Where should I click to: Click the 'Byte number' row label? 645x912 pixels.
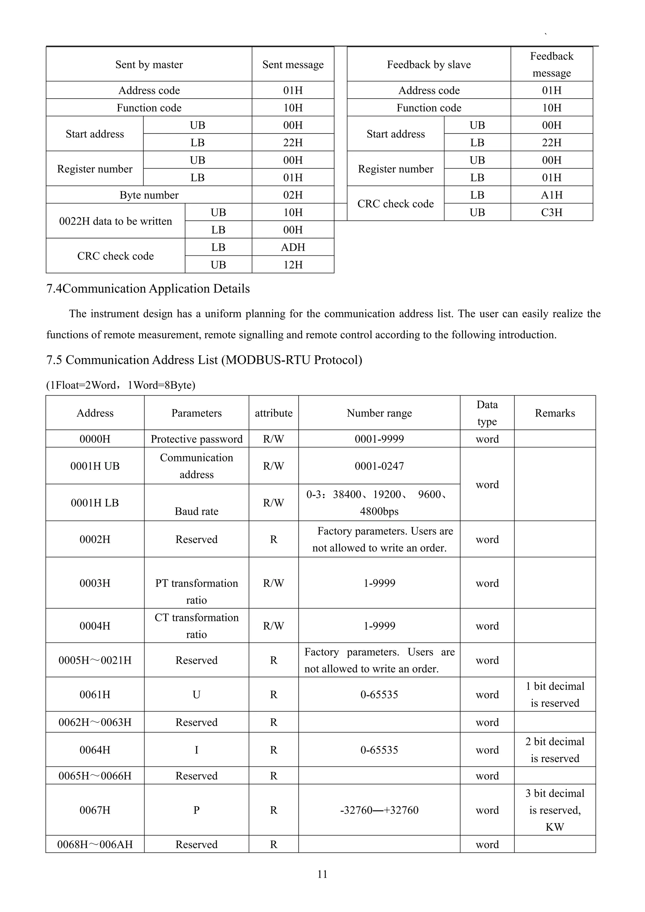tap(149, 195)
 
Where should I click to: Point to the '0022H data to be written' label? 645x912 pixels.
tap(116, 221)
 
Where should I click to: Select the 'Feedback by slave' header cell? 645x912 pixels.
tap(429, 64)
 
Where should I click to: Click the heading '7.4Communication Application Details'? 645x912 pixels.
tap(148, 289)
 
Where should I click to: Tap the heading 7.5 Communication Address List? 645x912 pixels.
tap(204, 360)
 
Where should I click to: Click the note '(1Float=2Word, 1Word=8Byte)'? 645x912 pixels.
tap(121, 385)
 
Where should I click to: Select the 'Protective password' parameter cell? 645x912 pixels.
tap(197, 439)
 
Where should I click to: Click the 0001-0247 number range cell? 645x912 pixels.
tap(379, 466)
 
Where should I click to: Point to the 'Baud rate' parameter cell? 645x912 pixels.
tap(197, 511)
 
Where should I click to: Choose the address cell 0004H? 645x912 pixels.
tap(95, 626)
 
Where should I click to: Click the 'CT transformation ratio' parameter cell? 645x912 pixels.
tap(197, 626)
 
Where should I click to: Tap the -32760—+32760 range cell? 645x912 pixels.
tap(379, 810)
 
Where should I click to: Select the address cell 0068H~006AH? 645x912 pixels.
tap(95, 845)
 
